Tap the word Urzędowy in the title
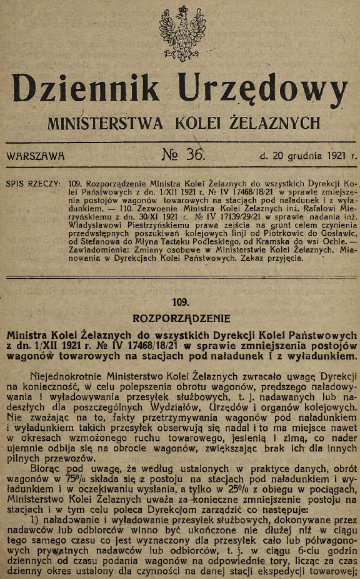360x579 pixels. click(263, 89)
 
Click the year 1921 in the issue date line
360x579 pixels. click(335, 156)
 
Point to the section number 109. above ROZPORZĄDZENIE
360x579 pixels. click(180, 301)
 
